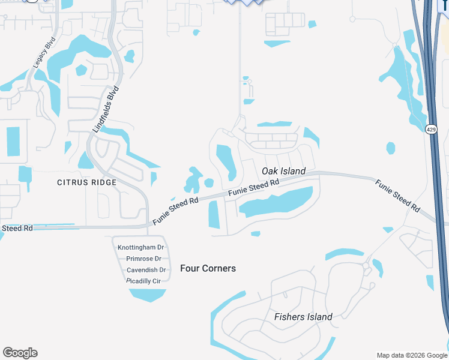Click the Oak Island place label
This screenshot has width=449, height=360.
coord(284,171)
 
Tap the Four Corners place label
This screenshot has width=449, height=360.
coord(208,268)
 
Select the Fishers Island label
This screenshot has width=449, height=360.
coord(303,317)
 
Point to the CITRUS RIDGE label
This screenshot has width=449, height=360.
coord(86,182)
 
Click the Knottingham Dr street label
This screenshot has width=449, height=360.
coord(141,247)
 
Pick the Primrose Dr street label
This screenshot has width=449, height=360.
coord(141,259)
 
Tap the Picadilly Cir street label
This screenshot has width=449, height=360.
coord(143,281)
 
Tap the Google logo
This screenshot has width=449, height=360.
coord(20,353)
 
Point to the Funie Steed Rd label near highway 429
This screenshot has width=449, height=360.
coord(397,195)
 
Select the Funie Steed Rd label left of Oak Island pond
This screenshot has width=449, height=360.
coord(175,212)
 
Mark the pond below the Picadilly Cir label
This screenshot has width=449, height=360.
coord(148,294)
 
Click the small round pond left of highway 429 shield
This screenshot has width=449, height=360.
coord(391,148)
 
